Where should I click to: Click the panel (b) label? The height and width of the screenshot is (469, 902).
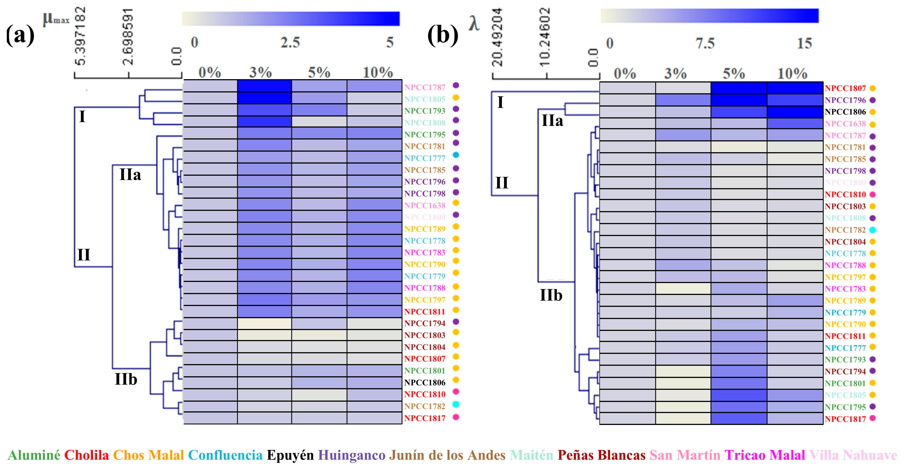(x=443, y=35)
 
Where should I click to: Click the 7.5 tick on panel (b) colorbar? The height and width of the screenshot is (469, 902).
(x=705, y=44)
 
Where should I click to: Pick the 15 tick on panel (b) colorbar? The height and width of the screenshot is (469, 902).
(x=804, y=44)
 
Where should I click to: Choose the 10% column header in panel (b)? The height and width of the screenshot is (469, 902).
(x=792, y=74)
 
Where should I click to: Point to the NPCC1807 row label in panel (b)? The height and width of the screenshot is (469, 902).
(x=845, y=88)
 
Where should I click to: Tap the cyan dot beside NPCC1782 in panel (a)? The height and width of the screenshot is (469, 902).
(x=456, y=404)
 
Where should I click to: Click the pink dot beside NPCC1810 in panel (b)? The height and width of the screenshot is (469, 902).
(x=873, y=194)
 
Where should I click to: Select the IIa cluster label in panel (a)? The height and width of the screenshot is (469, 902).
(x=130, y=174)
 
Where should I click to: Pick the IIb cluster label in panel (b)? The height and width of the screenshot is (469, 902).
(x=551, y=295)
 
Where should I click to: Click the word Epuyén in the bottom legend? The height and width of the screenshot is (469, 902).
(x=290, y=455)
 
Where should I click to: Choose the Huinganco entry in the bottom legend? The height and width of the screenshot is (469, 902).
(x=352, y=455)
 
